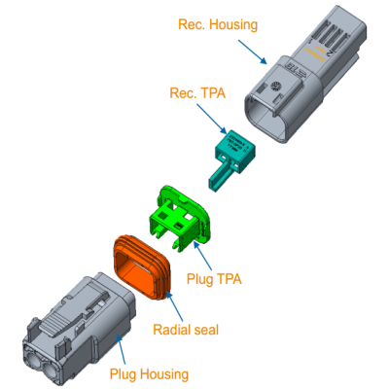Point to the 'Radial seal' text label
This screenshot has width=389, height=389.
(186, 329)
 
